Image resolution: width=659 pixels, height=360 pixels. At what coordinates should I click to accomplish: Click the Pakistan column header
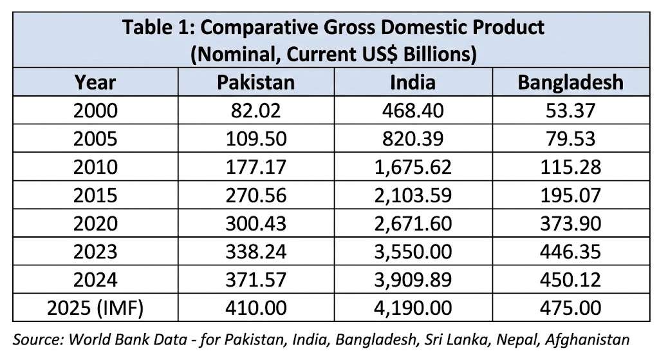[255, 82]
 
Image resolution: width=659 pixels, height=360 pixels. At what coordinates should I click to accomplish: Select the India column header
[413, 82]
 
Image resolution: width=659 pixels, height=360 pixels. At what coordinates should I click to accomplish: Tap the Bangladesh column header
[570, 82]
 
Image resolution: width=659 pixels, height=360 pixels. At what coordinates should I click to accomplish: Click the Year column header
[95, 82]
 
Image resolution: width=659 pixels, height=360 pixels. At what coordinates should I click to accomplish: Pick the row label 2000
[95, 111]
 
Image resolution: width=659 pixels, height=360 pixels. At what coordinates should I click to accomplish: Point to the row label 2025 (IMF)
[95, 308]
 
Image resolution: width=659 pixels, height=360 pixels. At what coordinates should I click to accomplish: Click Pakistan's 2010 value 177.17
[255, 167]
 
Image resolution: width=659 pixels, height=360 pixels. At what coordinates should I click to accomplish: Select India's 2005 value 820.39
[413, 139]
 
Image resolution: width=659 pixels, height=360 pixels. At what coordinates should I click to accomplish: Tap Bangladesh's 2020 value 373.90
[570, 223]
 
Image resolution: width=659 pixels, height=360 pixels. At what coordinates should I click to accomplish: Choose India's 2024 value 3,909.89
[413, 280]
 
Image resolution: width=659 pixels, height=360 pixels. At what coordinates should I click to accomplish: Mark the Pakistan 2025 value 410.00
[255, 308]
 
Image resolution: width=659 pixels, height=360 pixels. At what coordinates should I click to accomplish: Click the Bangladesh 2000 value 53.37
[570, 111]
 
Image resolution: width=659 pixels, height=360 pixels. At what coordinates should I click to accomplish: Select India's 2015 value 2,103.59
[413, 196]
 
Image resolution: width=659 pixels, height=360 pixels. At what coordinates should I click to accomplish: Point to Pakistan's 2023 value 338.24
[255, 252]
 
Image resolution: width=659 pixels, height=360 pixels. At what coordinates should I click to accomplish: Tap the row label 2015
[95, 196]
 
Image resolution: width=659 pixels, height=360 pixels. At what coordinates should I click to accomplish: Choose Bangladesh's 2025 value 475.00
[570, 308]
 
